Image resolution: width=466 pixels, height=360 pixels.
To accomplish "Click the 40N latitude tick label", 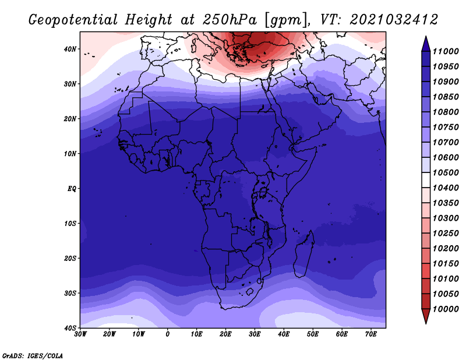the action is (70, 49).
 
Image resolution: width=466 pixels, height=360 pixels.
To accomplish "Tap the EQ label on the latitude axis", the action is (72, 189).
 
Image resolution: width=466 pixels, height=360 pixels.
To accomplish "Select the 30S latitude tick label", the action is (70, 293).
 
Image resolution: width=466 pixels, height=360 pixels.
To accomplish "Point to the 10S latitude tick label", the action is (70, 223).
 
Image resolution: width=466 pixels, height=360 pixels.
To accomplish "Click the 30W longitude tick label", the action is (80, 334).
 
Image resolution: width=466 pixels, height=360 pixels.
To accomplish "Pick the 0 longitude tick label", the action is (168, 334).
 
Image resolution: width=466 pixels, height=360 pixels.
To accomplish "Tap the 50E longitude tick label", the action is (313, 334).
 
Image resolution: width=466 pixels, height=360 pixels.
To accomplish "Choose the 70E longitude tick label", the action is (370, 334).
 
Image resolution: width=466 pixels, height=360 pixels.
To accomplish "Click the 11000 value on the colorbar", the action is (446, 51).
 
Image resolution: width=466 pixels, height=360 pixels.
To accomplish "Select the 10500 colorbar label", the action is (446, 172).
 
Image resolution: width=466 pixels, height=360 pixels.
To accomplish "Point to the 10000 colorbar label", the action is (446, 309).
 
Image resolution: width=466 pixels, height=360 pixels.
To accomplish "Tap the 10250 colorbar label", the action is (446, 233).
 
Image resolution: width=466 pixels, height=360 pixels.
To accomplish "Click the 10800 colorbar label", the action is (446, 112).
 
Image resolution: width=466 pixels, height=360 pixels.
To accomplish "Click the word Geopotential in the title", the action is (73, 20).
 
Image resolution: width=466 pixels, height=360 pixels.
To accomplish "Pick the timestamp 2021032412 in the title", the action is (394, 20).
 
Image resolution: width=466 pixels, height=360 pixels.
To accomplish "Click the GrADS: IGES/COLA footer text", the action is (33, 355).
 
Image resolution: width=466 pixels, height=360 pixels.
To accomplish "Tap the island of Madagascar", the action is (304, 254).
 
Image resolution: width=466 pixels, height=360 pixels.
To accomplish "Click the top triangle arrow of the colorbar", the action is (426, 44).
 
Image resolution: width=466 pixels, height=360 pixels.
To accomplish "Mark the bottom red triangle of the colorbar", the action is (426, 316).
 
